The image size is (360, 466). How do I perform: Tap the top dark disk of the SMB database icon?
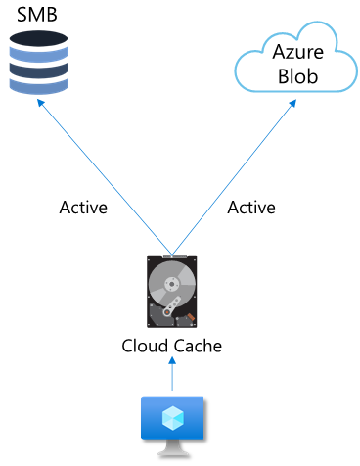38,40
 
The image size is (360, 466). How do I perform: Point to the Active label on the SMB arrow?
83,208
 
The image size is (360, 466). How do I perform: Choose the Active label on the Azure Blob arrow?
251,208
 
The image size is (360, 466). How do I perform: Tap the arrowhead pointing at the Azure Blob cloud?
292,104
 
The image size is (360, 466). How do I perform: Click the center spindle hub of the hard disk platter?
170,287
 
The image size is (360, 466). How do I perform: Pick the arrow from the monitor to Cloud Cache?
172,374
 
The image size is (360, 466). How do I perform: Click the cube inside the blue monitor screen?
172,418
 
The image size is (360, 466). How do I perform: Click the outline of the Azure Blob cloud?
239,68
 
